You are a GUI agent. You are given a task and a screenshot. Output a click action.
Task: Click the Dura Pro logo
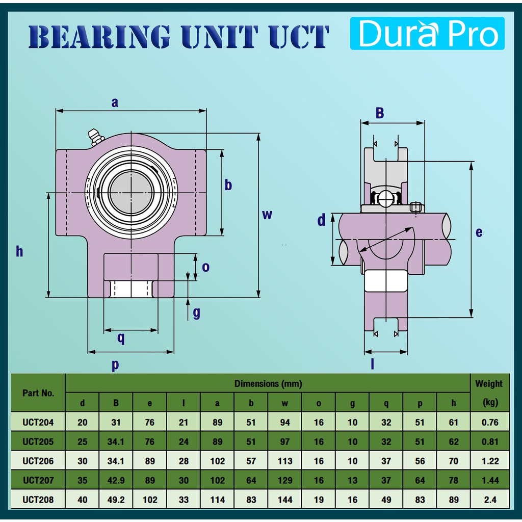click(x=427, y=33)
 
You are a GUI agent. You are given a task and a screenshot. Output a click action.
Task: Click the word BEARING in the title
click(x=99, y=37)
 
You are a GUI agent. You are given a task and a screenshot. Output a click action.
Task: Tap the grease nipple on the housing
click(x=95, y=137)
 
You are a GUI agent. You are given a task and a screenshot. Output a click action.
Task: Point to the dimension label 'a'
click(x=115, y=102)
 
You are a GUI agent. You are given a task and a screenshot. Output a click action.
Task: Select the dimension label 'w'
click(x=267, y=215)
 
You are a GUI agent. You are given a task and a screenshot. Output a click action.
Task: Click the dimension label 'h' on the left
click(x=20, y=251)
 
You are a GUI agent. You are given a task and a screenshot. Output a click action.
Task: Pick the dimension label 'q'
click(x=121, y=338)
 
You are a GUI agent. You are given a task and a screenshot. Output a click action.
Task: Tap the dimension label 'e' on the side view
click(x=479, y=232)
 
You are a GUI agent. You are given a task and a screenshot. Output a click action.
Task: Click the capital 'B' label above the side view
click(x=380, y=113)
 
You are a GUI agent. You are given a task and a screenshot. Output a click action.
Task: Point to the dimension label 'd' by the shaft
click(x=321, y=220)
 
